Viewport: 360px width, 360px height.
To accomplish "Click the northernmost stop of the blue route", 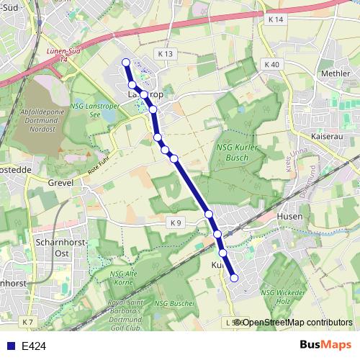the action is [x=126, y=63].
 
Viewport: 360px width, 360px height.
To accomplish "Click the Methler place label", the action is [x=335, y=73].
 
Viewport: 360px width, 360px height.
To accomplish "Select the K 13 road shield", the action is [x=166, y=54].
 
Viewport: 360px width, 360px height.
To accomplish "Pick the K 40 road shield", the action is [x=271, y=65].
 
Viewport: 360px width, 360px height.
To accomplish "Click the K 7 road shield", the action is [x=27, y=321].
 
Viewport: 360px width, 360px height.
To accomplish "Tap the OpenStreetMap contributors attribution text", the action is [x=297, y=322].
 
